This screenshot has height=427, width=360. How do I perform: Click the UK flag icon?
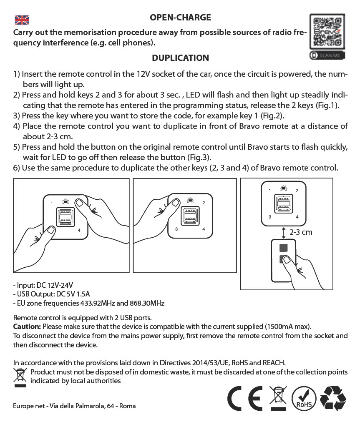coord(22,20)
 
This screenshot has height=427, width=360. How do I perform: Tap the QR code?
coord(327,32)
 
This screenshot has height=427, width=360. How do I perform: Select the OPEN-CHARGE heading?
coord(180,18)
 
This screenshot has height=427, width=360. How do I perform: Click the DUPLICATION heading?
coord(180,58)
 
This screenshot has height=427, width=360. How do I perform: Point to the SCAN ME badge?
coord(327,55)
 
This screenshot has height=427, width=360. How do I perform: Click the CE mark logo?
coord(245,398)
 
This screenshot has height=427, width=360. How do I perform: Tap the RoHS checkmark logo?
coord(304,398)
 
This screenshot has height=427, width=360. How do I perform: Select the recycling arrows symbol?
coord(332,398)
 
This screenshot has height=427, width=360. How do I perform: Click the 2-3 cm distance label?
coord(301,232)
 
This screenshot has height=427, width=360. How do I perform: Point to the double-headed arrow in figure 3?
coord(284,232)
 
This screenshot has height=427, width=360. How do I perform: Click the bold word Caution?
coord(27,326)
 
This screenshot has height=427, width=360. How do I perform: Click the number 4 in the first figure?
coord(79,230)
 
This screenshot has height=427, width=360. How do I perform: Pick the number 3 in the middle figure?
coord(176,229)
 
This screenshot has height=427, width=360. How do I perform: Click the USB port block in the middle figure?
coord(190,216)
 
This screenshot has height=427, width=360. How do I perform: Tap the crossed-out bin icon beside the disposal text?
coord(20,377)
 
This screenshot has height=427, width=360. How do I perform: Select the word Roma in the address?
coord(127,406)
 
